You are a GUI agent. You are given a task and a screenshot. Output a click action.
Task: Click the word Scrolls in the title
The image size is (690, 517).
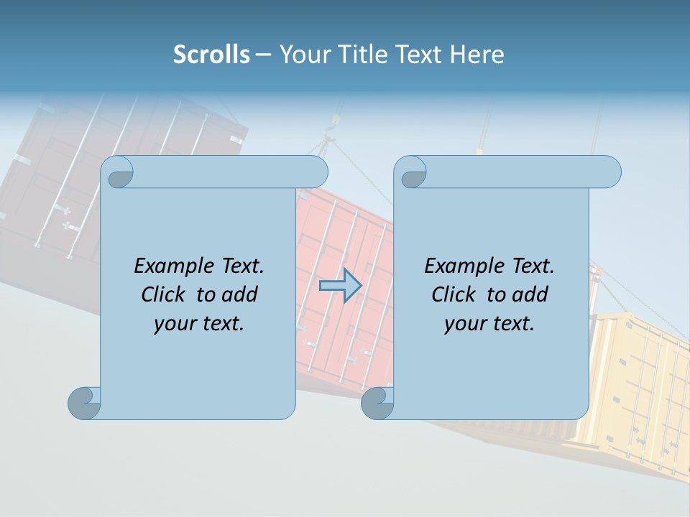(x=211, y=55)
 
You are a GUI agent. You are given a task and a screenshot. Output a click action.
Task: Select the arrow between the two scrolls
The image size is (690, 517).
(x=340, y=286)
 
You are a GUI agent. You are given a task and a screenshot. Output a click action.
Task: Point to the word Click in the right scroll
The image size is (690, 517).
(x=454, y=294)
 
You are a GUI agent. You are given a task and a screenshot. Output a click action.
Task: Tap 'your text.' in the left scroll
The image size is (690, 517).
(x=199, y=323)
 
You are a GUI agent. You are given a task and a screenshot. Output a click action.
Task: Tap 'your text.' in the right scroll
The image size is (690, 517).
(x=489, y=323)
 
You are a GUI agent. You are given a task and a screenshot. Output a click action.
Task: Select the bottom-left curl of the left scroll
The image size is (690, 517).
(x=84, y=403)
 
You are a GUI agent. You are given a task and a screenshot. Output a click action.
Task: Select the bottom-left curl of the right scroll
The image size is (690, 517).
(x=377, y=403)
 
